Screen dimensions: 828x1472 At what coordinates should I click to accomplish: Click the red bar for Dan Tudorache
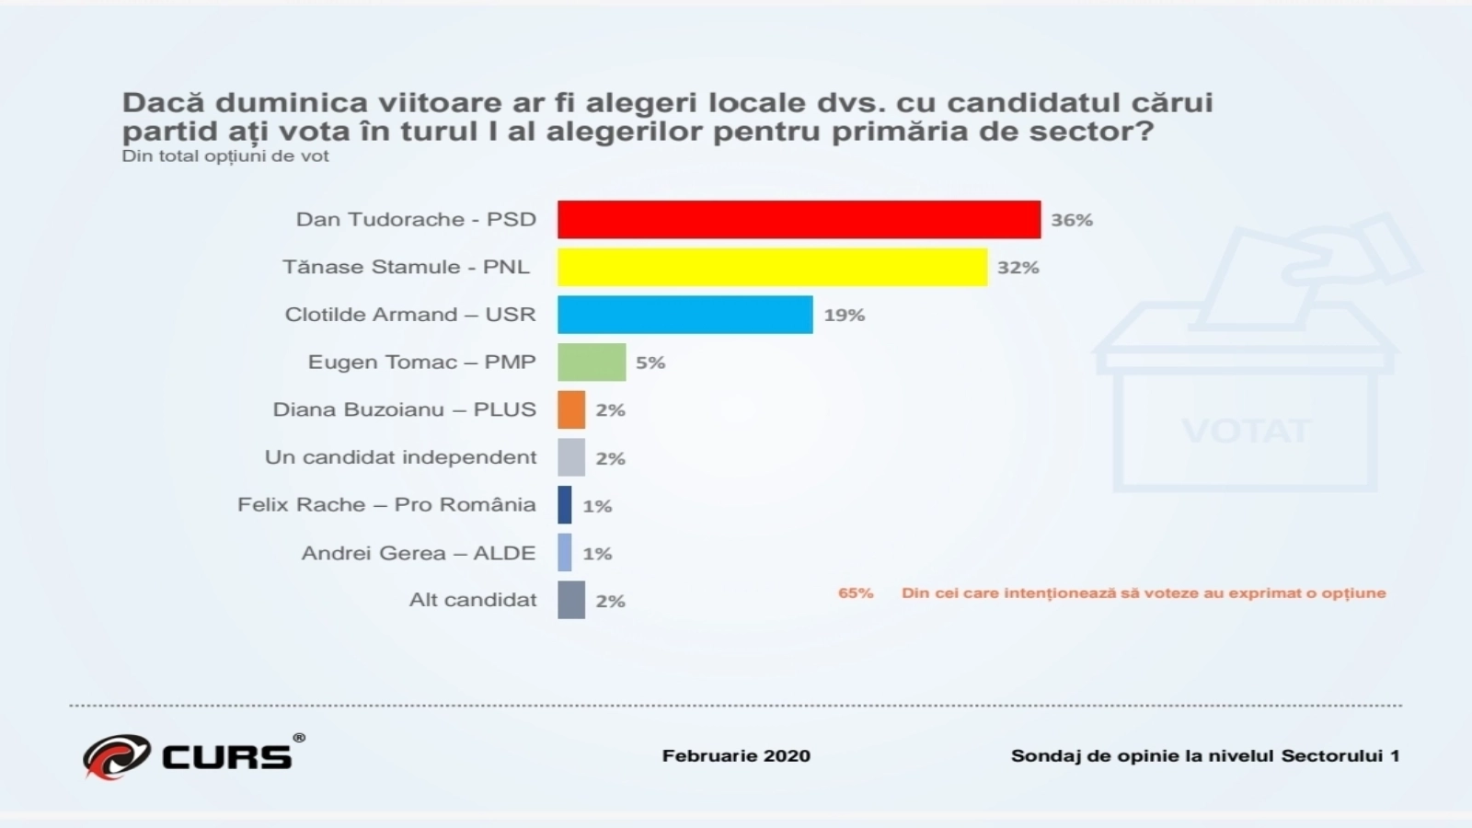pos(799,220)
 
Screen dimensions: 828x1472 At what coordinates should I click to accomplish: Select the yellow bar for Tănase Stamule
pos(772,267)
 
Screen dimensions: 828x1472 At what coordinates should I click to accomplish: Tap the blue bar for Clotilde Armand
pos(684,315)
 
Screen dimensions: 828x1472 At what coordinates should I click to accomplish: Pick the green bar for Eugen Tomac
pos(592,362)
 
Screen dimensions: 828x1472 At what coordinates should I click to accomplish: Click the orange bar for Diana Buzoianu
pos(571,409)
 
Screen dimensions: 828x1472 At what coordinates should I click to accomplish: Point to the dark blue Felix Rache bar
pos(565,505)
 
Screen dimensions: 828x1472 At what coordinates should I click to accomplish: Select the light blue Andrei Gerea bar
pos(565,553)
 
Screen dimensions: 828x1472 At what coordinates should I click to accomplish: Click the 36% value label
pos(1072,220)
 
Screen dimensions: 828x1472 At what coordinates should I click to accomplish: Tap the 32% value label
pos(1018,268)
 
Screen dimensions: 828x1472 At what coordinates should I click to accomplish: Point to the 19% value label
pos(844,316)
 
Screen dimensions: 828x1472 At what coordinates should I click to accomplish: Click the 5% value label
pos(650,362)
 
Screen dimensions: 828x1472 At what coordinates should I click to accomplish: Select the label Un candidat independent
pos(400,457)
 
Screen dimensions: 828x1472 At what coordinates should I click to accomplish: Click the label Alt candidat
pos(473,600)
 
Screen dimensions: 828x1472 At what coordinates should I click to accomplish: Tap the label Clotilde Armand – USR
pos(410,315)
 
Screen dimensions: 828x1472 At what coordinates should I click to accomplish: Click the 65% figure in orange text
pos(856,592)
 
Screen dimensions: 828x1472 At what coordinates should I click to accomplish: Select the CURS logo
pos(193,756)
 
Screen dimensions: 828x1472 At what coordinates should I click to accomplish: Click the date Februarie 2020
pos(736,756)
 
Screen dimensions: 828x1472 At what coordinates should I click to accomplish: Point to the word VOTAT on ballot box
pos(1245,431)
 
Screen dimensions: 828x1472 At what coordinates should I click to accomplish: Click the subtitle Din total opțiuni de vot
pos(225,156)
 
